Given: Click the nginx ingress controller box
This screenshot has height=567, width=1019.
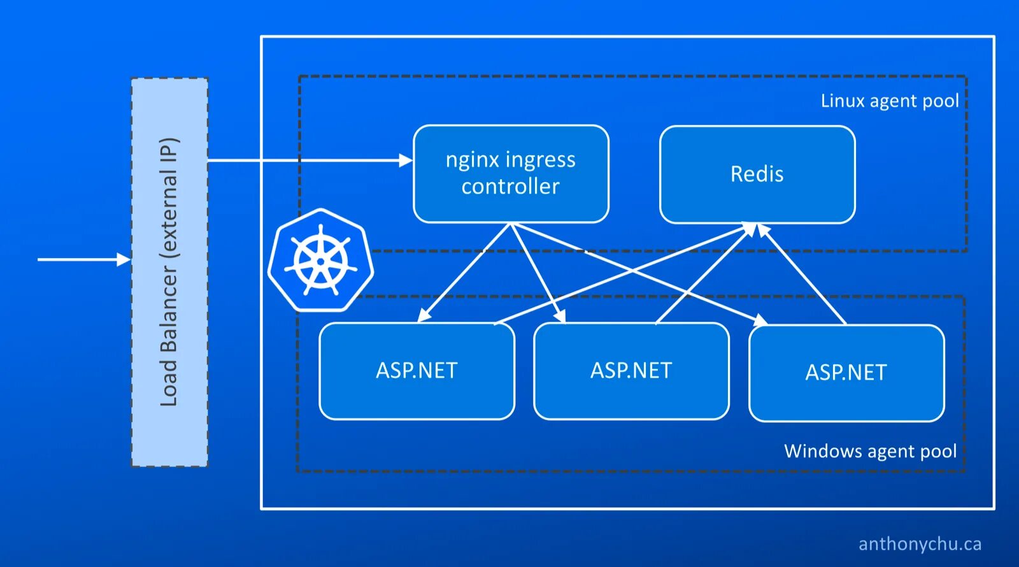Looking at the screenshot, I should point(511,174).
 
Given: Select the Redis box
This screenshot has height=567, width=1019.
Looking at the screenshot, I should point(757,175).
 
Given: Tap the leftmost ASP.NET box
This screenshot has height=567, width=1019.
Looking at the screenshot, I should point(417,371).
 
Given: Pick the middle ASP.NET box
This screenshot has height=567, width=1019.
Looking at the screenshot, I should point(631,371).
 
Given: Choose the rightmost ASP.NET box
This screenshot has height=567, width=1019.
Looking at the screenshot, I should point(846,373).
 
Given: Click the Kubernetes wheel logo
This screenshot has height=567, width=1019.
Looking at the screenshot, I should point(320,260).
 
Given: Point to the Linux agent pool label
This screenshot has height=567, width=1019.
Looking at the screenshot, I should point(889,101).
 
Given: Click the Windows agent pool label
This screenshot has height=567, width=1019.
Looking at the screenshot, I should point(870,451).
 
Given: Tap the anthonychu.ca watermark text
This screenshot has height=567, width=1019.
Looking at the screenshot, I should point(920,544).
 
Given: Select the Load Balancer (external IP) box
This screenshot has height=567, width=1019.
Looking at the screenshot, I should point(169,272).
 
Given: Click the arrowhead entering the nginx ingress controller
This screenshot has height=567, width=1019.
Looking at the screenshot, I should point(406,161).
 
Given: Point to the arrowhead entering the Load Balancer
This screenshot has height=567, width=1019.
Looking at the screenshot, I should point(124,259).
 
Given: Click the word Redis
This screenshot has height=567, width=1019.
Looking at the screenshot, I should point(757,174).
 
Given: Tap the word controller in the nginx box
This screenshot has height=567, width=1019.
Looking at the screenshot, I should point(510,187).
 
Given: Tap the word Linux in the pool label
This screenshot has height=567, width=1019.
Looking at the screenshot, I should point(842,101).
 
